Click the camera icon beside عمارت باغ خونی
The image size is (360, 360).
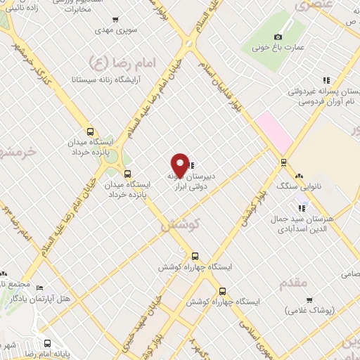pyautogui.click(x=278, y=37)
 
